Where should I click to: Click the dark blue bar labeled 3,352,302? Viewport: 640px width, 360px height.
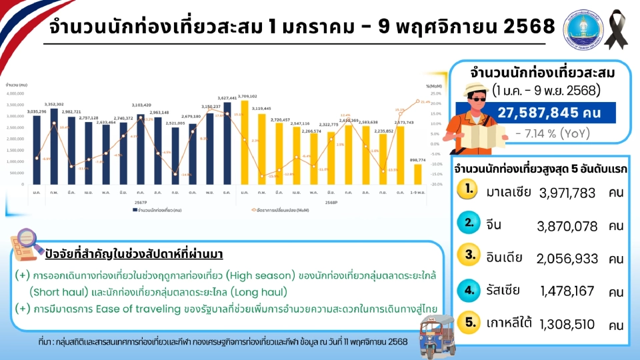pos(55,145)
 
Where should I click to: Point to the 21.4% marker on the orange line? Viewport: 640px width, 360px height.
pos(418,101)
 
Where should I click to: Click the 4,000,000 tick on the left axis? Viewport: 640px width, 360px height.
pos(15,94)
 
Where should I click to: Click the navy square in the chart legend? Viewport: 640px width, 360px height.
pos(134,210)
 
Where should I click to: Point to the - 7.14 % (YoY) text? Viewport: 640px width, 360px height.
pos(553,133)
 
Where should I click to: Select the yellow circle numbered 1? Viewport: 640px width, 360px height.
pos(470,189)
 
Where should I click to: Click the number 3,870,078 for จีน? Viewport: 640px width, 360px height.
pos(567,226)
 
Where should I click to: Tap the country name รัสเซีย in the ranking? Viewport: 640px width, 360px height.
pos(503,290)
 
